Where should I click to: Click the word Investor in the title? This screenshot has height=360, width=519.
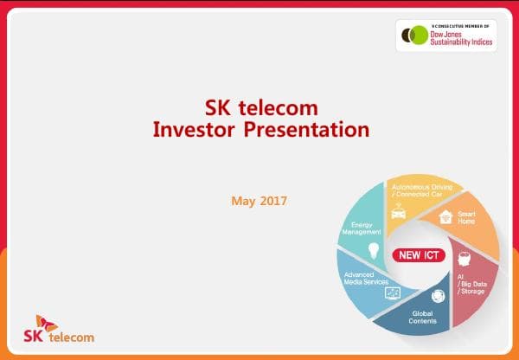[192, 130]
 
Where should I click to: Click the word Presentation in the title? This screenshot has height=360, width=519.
[302, 130]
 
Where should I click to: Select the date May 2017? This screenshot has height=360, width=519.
[259, 201]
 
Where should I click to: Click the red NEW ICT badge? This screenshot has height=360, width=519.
[420, 255]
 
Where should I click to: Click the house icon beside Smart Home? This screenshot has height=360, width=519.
[446, 216]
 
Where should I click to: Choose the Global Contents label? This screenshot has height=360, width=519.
[424, 318]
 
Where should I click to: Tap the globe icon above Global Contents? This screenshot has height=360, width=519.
[437, 295]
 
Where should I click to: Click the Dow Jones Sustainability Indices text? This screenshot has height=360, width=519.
[460, 37]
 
